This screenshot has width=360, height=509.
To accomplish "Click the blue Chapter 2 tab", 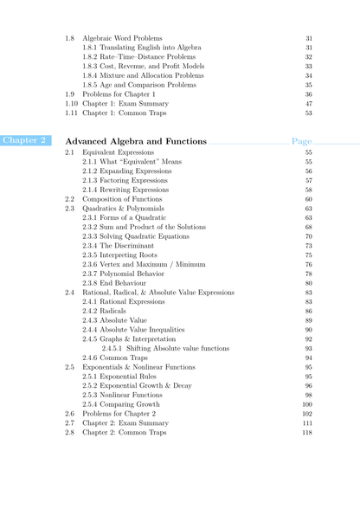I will click(x=24, y=140).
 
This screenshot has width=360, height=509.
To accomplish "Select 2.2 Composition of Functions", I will click(x=125, y=199).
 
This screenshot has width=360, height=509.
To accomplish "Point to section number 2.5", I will click(x=69, y=367).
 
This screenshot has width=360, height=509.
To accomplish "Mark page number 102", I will click(x=307, y=414).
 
